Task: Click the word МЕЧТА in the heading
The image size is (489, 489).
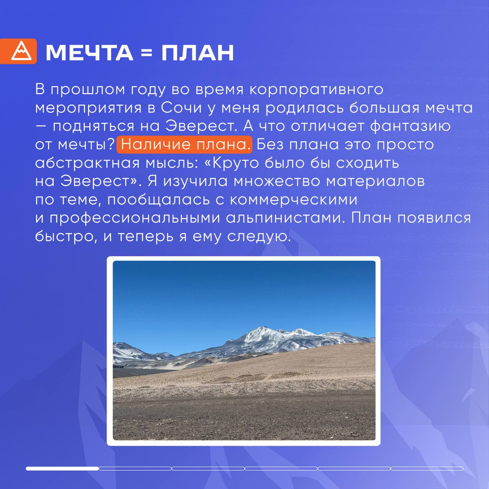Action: tap(89, 53)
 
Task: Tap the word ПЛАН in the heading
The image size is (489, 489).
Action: tap(198, 53)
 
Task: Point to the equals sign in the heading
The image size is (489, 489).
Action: tap(147, 53)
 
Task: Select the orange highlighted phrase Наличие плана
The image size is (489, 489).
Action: tap(184, 145)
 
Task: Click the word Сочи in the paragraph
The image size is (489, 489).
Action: tap(181, 108)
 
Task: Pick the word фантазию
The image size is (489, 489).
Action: tap(410, 126)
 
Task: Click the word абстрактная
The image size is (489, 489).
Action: tap(87, 163)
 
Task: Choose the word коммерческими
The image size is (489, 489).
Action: tap(293, 200)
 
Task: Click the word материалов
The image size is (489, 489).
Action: tap(375, 181)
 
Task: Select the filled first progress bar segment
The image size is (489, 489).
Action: tap(62, 469)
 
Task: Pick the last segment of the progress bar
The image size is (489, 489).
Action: tap(427, 469)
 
